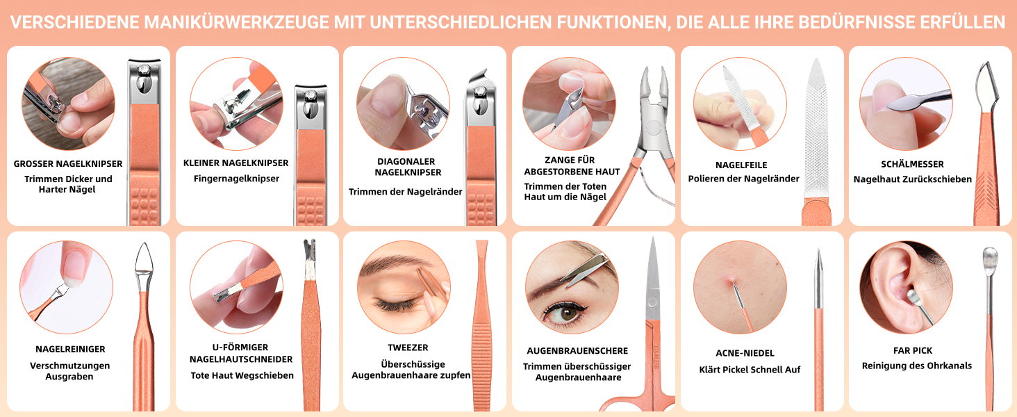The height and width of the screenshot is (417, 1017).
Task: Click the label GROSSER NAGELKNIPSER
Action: pos(68,163)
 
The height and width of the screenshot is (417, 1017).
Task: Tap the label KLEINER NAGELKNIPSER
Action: pos(235,163)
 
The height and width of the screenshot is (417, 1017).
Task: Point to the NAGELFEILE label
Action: pos(741,165)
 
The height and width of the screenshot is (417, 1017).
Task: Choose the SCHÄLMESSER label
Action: pos(912,164)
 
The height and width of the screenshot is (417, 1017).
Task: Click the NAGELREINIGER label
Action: pos(70,349)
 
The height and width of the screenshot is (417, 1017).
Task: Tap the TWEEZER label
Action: pos(408,347)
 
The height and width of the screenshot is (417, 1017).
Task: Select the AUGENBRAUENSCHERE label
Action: pos(577,351)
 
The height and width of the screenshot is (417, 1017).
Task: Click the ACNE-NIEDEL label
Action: pos(745,353)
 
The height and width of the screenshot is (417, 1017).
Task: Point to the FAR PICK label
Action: pos(913,350)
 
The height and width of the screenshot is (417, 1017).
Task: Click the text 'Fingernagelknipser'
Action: pos(236,179)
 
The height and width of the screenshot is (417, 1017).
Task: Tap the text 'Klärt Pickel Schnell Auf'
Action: pos(750,369)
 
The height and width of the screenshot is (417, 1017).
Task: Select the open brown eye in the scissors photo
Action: pos(568,313)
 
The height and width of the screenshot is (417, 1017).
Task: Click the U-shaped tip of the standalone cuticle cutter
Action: pos(310,247)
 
